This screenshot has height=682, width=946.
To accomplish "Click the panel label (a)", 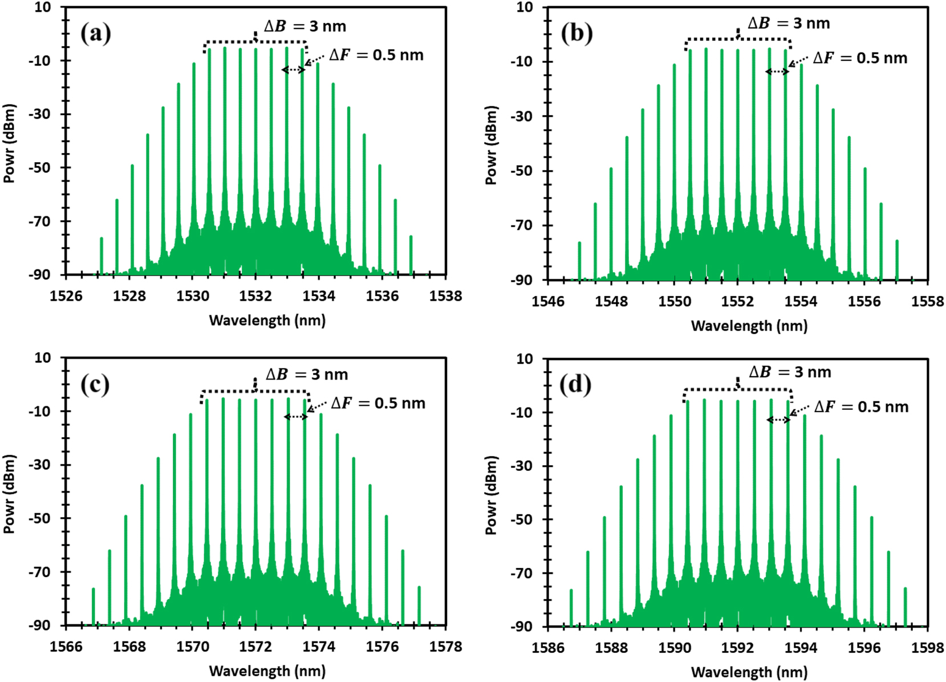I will (x=95, y=34).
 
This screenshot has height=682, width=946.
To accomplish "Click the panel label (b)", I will (x=576, y=34).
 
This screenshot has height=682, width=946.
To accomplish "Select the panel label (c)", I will (x=95, y=385).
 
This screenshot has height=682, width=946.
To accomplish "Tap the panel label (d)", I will (x=576, y=385).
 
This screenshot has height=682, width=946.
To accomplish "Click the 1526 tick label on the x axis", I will (x=66, y=296).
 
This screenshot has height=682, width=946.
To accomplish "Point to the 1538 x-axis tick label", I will (x=445, y=296).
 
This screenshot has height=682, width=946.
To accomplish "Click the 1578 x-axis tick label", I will (x=445, y=646).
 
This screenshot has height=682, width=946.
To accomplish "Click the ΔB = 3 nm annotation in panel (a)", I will (x=304, y=26).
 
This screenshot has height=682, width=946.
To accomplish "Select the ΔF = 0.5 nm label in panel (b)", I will (x=860, y=58).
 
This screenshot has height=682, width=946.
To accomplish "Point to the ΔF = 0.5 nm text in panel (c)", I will (x=378, y=403).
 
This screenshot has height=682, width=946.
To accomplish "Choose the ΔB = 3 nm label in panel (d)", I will (x=790, y=372).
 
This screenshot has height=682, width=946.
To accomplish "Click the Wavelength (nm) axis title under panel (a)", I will (x=267, y=320).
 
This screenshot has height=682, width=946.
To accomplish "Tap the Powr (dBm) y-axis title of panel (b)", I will (x=491, y=145).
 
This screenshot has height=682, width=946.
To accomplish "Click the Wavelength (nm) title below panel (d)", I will (x=749, y=672).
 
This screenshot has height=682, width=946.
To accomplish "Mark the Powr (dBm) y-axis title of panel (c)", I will (x=9, y=494).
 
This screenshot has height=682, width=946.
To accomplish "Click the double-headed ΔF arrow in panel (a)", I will (x=294, y=70).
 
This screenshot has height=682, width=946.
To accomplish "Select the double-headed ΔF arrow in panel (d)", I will (x=778, y=420).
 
